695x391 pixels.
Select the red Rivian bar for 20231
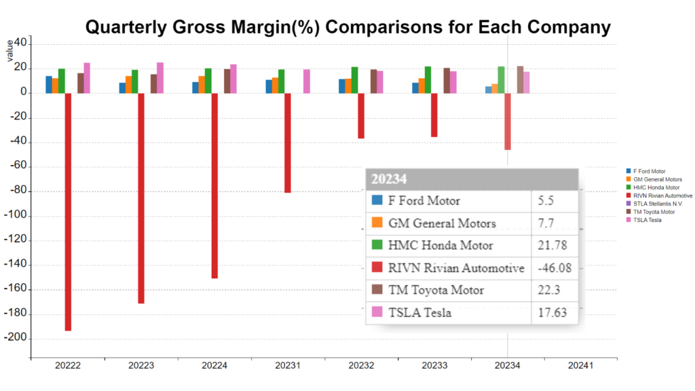tap(288, 143)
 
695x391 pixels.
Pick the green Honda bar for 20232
tap(354, 79)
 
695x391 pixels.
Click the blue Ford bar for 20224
tap(195, 88)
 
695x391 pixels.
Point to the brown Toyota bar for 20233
tap(447, 80)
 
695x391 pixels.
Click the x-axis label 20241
tap(580, 366)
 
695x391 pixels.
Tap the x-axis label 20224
tap(214, 366)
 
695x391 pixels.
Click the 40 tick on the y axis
tap(20, 43)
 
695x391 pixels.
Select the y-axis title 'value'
tap(10, 50)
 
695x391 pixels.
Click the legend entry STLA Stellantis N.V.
tap(657, 204)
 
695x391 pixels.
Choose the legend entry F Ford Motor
tap(649, 171)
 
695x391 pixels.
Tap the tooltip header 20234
tap(389, 179)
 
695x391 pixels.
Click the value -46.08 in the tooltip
tap(554, 268)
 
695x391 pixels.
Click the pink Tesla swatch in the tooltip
tap(377, 312)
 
